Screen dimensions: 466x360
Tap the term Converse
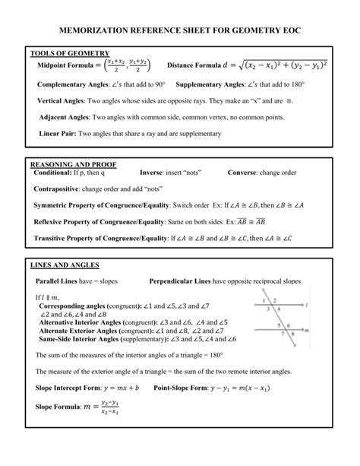[x=242, y=173]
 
